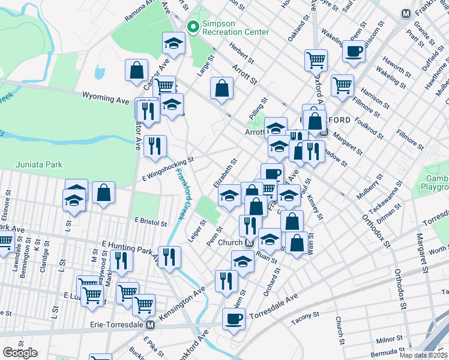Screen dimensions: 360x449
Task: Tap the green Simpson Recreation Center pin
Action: point(193,26)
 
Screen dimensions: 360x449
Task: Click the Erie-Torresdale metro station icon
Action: point(150,325)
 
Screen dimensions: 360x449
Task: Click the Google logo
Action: point(20,353)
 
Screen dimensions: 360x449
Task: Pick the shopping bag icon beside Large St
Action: point(221,88)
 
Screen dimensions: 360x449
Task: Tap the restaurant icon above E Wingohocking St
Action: point(155,146)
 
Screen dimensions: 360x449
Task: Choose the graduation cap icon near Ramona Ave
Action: point(173,43)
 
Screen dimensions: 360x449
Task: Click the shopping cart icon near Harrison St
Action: point(342,84)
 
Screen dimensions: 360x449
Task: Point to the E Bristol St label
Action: point(150,221)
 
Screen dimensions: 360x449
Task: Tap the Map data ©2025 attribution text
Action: point(424,355)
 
